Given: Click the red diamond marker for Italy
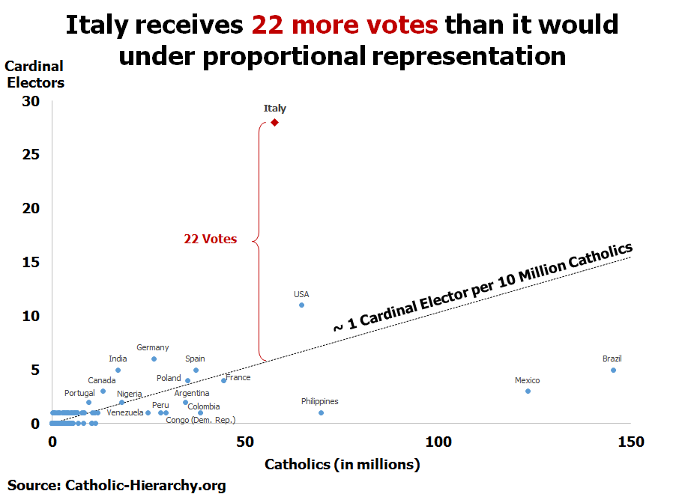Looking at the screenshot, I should (x=275, y=122).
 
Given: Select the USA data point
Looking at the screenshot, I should (x=301, y=305).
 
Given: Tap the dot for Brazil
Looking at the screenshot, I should (x=613, y=370).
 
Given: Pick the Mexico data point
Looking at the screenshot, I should (x=528, y=391).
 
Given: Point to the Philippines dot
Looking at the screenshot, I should (x=321, y=412).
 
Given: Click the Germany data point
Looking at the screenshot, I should (x=154, y=359).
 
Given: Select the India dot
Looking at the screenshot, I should (x=118, y=370).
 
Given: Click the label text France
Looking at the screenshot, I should (x=238, y=377).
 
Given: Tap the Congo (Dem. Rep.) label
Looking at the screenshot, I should (x=201, y=420).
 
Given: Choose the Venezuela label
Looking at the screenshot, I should (x=124, y=412).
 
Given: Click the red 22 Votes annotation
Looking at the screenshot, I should (x=210, y=240).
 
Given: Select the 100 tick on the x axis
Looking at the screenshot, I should (x=438, y=442).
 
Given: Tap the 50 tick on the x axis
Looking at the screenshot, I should (x=245, y=442).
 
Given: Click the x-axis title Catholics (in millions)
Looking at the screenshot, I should (x=342, y=465).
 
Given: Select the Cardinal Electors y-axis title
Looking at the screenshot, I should (x=35, y=75).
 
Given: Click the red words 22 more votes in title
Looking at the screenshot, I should (x=345, y=25).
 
